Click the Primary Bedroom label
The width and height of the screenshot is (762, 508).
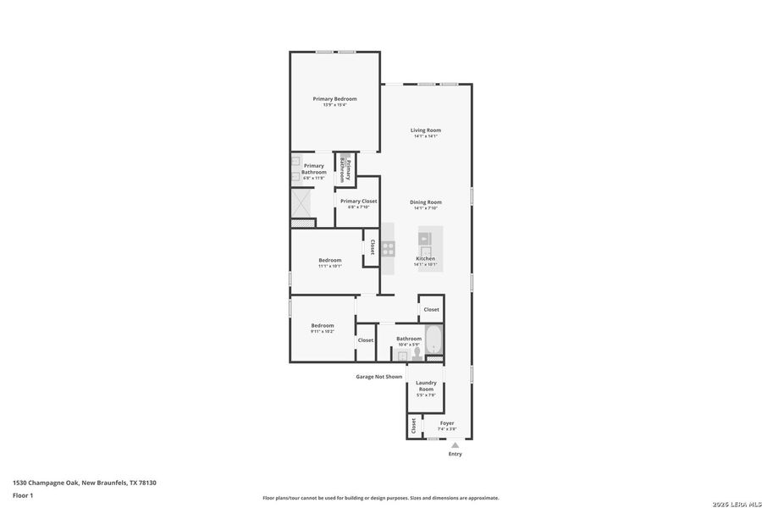334,99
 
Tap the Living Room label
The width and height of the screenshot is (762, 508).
426,130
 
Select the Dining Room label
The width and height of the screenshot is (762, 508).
426,202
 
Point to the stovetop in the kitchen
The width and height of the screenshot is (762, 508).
388,248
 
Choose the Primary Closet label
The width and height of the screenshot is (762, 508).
359,202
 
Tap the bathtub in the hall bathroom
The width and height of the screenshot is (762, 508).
433,340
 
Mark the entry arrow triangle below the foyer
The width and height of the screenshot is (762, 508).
455,444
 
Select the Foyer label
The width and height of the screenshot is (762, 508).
446,422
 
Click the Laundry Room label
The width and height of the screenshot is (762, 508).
426,385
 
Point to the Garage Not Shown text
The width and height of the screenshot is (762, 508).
378,377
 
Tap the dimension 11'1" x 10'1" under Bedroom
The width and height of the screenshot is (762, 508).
329,266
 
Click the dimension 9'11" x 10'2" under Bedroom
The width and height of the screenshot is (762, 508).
322,331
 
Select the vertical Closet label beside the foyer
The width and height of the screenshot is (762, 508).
413,426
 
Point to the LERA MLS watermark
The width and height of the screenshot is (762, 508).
736,504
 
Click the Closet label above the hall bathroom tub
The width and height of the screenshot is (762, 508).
431,310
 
